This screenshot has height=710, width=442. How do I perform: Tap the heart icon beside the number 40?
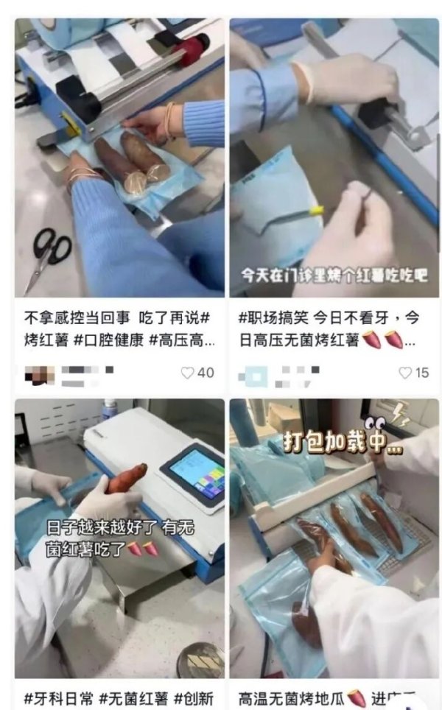pyautogui.click(x=188, y=373)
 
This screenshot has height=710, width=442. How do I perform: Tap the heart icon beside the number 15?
pyautogui.click(x=405, y=373)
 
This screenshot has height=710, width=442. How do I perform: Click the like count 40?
pyautogui.click(x=206, y=373)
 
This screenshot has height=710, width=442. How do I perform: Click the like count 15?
pyautogui.click(x=422, y=373)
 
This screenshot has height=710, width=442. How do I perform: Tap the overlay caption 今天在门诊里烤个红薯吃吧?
pyautogui.click(x=335, y=275)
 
